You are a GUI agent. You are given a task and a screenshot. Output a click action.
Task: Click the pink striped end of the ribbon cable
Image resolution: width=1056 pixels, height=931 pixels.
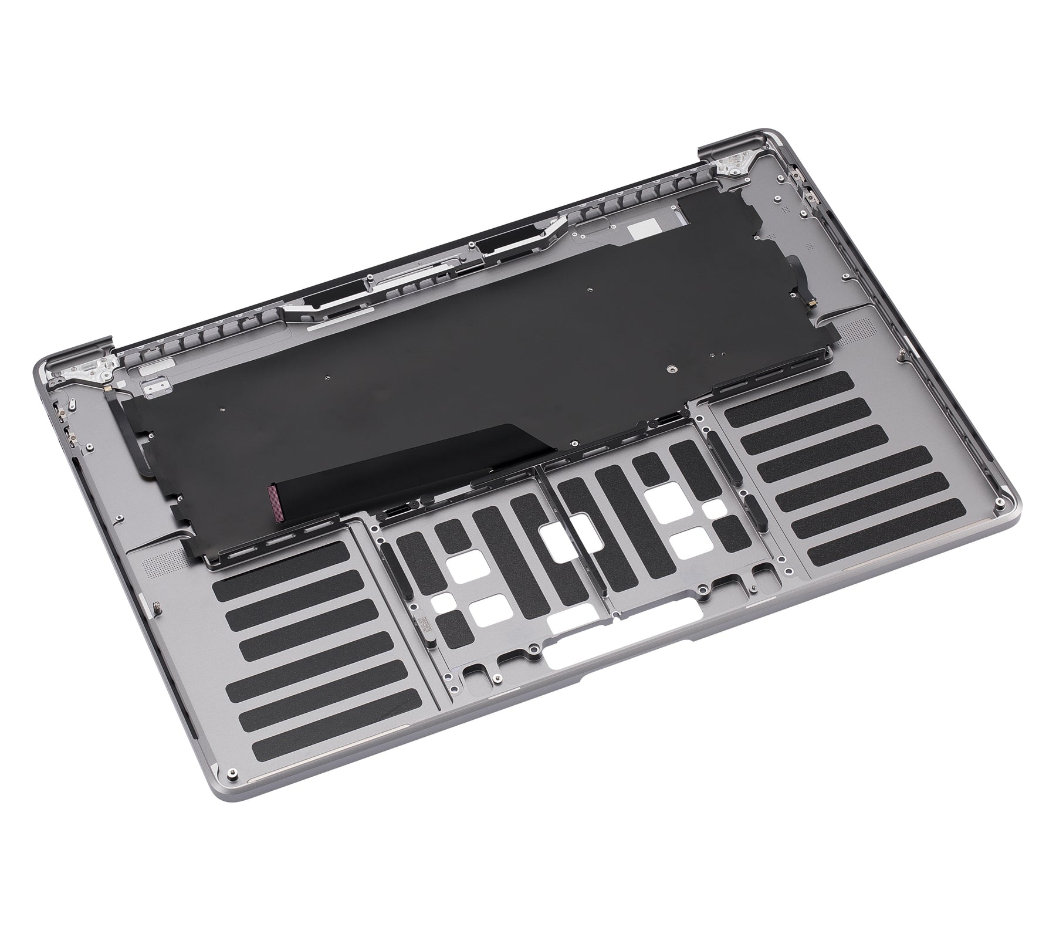click(x=274, y=503)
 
